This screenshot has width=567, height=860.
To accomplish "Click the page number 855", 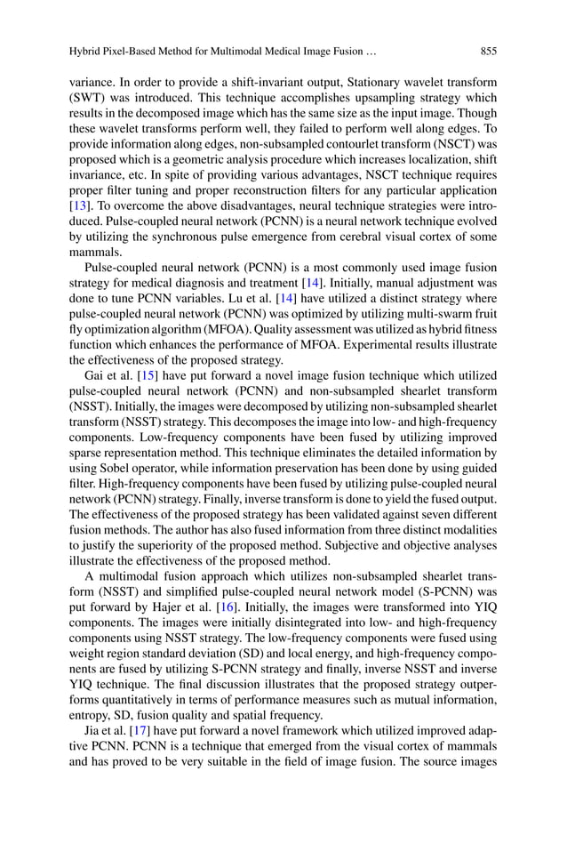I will click(487, 51).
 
